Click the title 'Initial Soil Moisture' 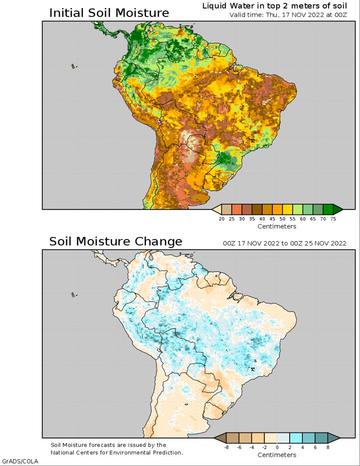pyautogui.click(x=109, y=13)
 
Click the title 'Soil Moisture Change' pyautogui.click(x=116, y=241)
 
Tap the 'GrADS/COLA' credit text pyautogui.click(x=20, y=462)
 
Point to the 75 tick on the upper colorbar pyautogui.click(x=333, y=219)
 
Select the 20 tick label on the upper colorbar pyautogui.click(x=221, y=219)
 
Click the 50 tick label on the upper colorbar pyautogui.click(x=283, y=219)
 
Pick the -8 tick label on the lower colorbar pyautogui.click(x=226, y=447)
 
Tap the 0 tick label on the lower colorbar pyautogui.click(x=277, y=447)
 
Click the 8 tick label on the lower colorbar pyautogui.click(x=328, y=447)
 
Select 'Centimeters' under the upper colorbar pyautogui.click(x=277, y=227)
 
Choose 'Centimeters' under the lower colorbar pyautogui.click(x=277, y=455)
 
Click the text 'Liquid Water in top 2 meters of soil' pyautogui.click(x=275, y=6)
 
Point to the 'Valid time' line pyautogui.click(x=288, y=15)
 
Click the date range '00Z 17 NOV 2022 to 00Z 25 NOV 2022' pyautogui.click(x=285, y=243)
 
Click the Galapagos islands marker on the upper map pyautogui.click(x=74, y=66)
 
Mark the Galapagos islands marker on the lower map pyautogui.click(x=74, y=295)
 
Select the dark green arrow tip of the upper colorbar pyautogui.click(x=338, y=209)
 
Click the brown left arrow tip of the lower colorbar pyautogui.click(x=219, y=438)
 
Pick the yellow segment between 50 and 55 pyautogui.click(x=288, y=209)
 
